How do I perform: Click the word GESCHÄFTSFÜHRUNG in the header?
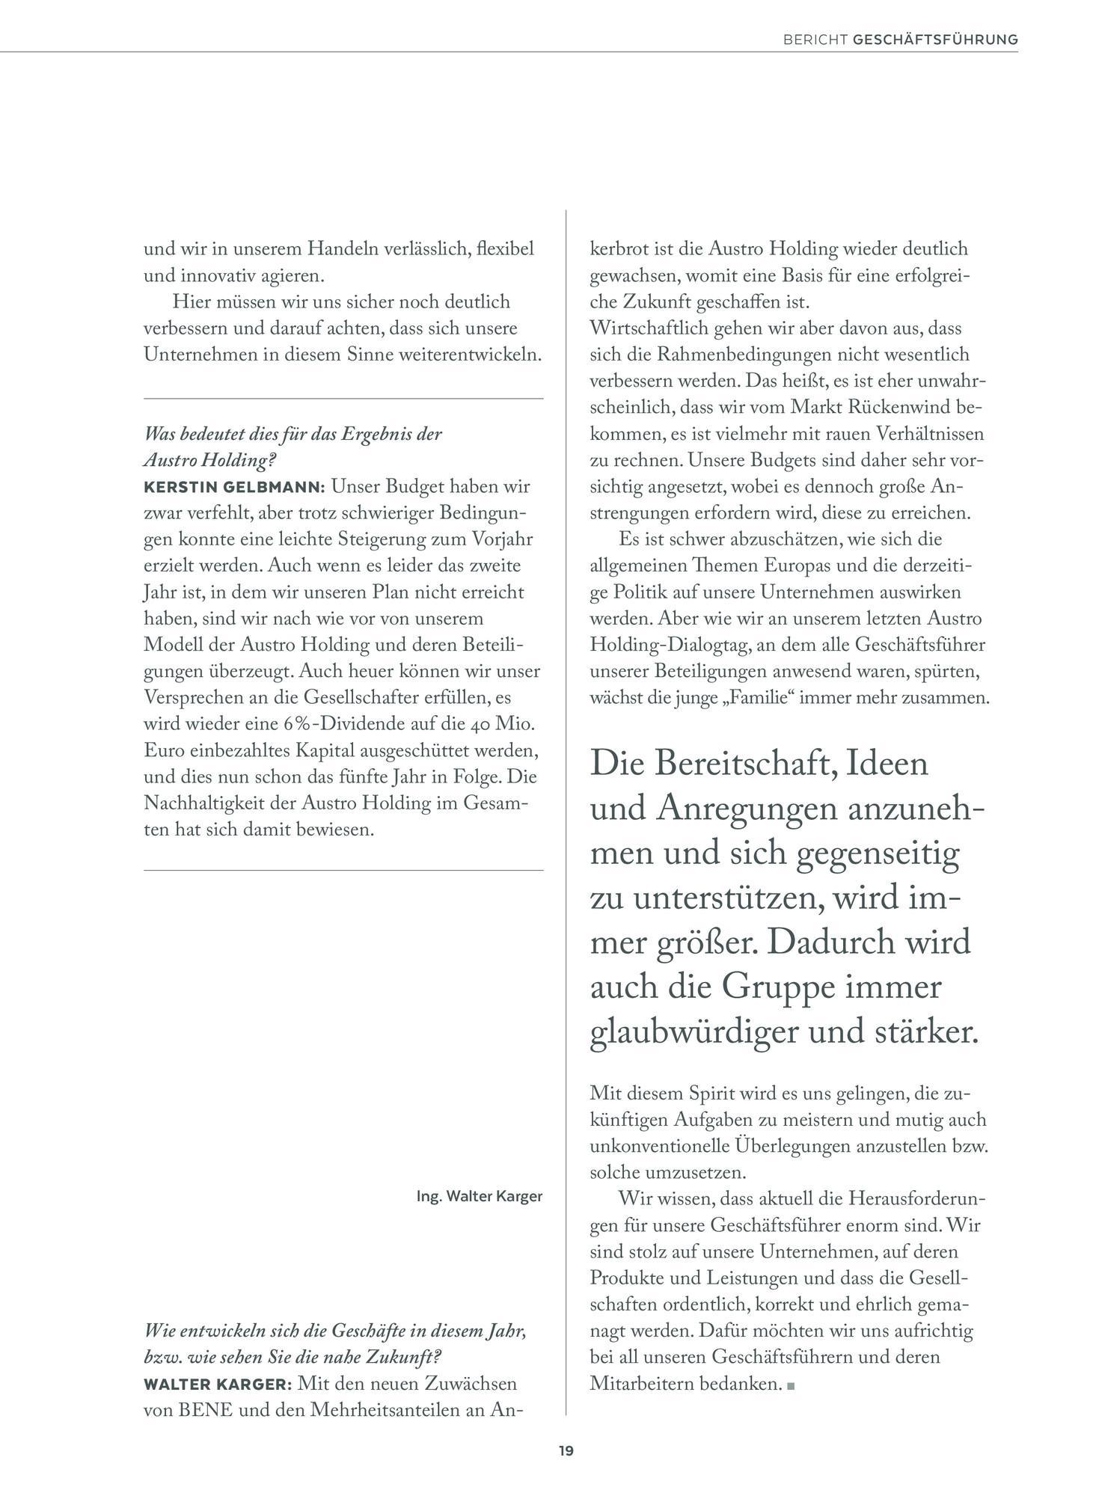tap(935, 40)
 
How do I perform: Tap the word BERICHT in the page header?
tap(815, 40)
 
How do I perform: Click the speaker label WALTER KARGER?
tap(216, 1384)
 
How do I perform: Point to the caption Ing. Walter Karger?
tap(479, 1196)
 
